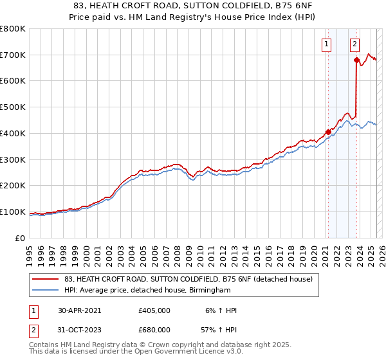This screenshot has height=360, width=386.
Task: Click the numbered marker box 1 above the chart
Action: click(327, 44)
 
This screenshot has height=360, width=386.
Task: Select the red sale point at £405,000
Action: click(328, 132)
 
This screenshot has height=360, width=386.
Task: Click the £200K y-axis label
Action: click(14, 186)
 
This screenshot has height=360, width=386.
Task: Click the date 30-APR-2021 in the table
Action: click(80, 310)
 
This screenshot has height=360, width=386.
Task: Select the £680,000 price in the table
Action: click(154, 329)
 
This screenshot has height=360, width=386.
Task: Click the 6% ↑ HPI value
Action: click(221, 310)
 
